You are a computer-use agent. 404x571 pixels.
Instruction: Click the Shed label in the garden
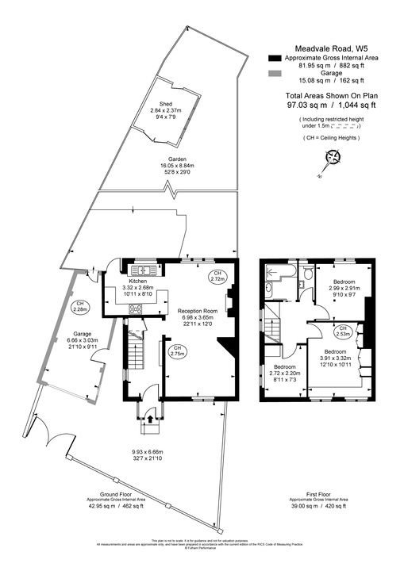click(x=165, y=104)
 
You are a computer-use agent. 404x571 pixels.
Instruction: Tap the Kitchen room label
click(x=138, y=282)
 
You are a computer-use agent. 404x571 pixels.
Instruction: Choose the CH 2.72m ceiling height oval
click(x=216, y=276)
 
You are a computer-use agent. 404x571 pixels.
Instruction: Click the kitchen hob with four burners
click(x=136, y=308)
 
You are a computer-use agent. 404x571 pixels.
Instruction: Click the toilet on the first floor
click(x=306, y=275)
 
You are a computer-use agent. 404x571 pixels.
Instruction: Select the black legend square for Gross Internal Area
click(x=275, y=59)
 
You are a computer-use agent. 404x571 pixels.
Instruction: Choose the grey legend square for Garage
click(x=275, y=75)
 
